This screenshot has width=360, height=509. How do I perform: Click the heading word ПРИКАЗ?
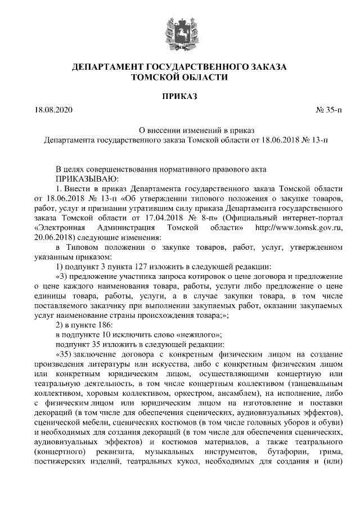179,97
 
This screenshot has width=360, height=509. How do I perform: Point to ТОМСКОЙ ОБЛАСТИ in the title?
179,78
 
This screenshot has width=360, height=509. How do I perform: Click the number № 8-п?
202,218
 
